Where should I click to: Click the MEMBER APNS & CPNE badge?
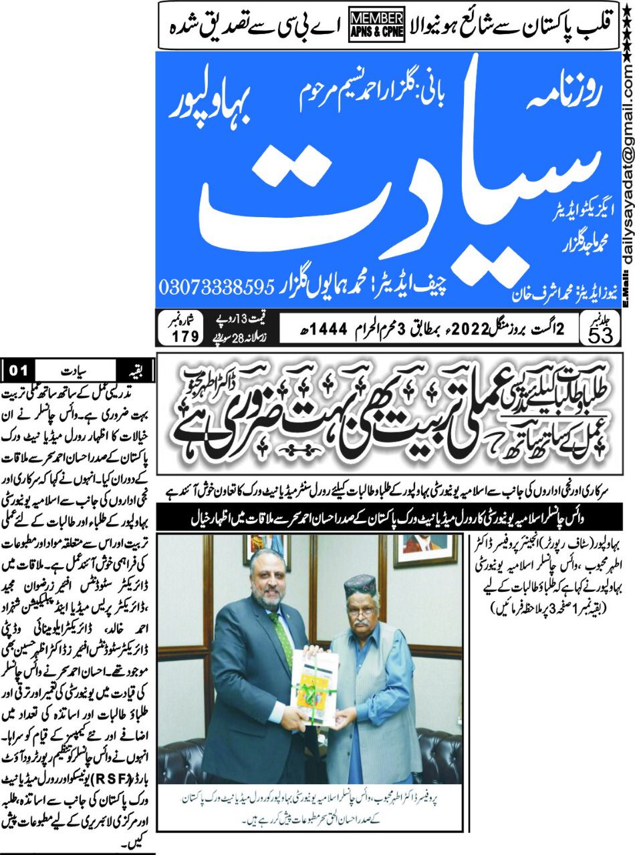click(376, 25)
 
